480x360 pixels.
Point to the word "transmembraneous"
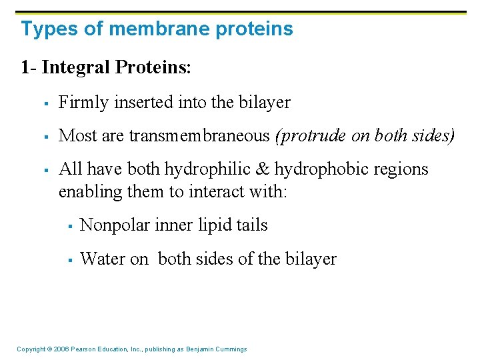pos(200,135)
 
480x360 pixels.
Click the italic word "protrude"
pos(310,136)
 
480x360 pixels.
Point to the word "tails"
pos(251,226)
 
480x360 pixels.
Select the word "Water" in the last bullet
pos(100,259)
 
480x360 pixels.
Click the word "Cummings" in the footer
pos(231,349)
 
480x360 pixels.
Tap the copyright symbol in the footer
pos(51,349)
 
